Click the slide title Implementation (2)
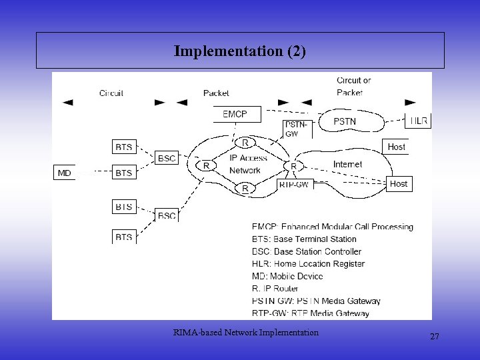coord(240,51)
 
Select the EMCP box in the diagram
coord(234,115)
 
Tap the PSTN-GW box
coord(297,129)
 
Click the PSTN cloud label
coord(345,121)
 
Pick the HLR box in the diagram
coord(419,121)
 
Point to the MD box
coord(64,173)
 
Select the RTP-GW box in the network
coord(293,185)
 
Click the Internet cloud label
coord(347,164)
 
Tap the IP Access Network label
coord(248,164)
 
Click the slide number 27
coord(435,337)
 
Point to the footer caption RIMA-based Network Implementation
coord(245,332)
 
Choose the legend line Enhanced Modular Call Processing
coord(332,227)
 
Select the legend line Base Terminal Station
coord(304,239)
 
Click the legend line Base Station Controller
coord(307,251)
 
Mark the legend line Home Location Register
coord(308,263)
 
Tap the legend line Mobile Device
coord(287,276)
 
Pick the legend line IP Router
coord(275,288)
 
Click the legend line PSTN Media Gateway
coord(316,301)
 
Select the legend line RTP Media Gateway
coord(311,313)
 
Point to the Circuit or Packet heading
coord(353,87)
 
